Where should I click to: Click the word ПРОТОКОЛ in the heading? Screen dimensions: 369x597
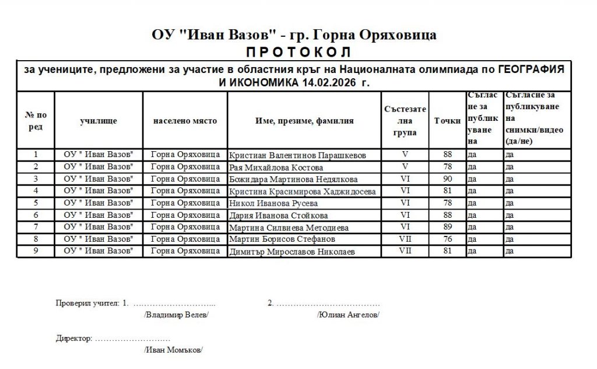294,51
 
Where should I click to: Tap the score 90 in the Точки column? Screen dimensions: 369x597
448,179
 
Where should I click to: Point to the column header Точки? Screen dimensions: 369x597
448,121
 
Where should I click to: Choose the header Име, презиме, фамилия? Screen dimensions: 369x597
304,121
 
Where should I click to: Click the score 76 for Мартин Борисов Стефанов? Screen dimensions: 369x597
448,239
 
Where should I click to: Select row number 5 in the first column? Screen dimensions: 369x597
36,203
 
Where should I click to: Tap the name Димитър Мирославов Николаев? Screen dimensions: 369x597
292,252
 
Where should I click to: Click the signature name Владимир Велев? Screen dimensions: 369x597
175,315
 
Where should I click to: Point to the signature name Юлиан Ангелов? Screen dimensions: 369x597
348,315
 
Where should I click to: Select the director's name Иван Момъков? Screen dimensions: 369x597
173,350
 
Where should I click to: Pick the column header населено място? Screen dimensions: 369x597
185,121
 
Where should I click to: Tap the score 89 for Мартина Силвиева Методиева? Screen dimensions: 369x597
448,227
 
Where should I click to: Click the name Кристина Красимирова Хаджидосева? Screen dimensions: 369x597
303,191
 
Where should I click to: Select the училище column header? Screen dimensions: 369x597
99,121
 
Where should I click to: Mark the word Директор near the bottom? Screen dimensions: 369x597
73,338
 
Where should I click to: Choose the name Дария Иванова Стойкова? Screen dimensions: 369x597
279,215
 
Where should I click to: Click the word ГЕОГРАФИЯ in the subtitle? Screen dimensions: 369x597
531,69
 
